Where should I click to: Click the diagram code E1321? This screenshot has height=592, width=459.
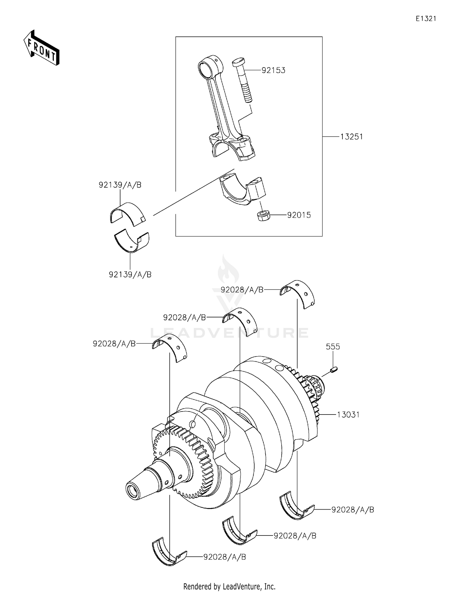[x=426, y=19]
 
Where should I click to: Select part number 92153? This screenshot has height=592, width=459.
[x=273, y=70]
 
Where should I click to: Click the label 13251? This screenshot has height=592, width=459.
[x=352, y=137]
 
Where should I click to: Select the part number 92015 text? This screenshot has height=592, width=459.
[x=299, y=215]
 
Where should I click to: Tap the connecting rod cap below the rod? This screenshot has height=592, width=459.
[x=242, y=189]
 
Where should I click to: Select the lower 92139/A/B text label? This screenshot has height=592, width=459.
[x=130, y=275]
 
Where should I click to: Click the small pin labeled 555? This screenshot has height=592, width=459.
[x=334, y=370]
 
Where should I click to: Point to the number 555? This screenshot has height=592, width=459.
[x=333, y=347]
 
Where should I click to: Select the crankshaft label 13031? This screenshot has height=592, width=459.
[x=348, y=415]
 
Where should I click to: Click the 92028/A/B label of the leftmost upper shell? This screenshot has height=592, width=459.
[x=114, y=344]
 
